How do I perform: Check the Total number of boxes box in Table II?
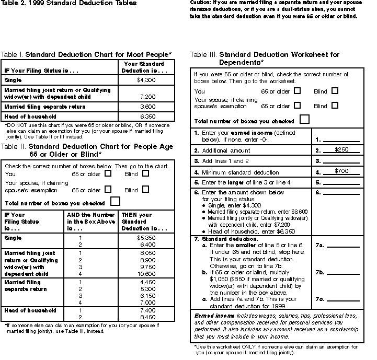tap(116, 201)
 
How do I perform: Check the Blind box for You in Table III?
tap(335, 90)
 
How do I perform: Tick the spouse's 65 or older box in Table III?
tap(298, 105)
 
